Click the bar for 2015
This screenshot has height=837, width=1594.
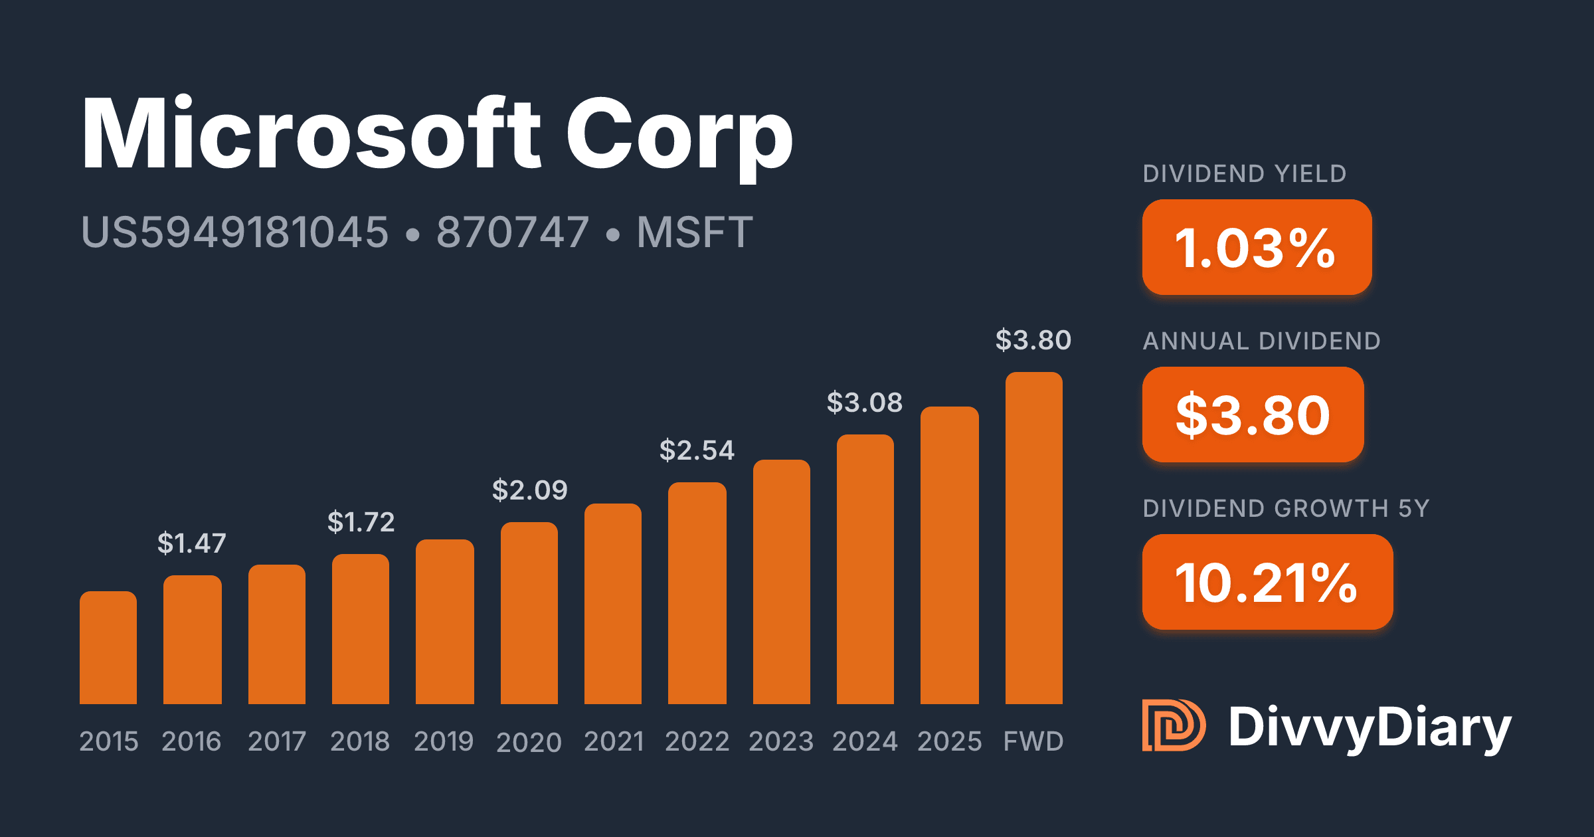click(108, 648)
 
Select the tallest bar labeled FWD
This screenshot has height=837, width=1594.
click(1033, 538)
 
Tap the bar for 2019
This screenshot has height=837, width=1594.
click(444, 622)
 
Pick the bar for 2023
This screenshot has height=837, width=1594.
click(781, 582)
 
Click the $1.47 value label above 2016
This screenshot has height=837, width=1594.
click(192, 543)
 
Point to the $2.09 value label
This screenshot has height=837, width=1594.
click(529, 490)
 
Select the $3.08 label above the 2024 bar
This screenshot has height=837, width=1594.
click(865, 403)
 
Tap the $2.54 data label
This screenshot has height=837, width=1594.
click(697, 450)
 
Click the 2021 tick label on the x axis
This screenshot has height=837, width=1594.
click(614, 741)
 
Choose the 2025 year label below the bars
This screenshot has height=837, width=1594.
click(949, 741)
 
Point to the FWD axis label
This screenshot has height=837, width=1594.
click(1033, 741)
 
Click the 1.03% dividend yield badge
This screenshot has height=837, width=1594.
click(1257, 247)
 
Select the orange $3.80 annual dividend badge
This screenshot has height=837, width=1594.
click(1253, 415)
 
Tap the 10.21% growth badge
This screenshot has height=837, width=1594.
click(1267, 582)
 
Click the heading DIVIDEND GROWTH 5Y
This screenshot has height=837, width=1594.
click(1286, 509)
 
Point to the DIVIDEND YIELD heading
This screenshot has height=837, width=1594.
click(1245, 174)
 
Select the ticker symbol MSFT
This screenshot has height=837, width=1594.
click(695, 232)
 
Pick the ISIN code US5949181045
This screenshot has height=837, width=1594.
click(234, 232)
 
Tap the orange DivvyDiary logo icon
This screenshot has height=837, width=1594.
click(1174, 725)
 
